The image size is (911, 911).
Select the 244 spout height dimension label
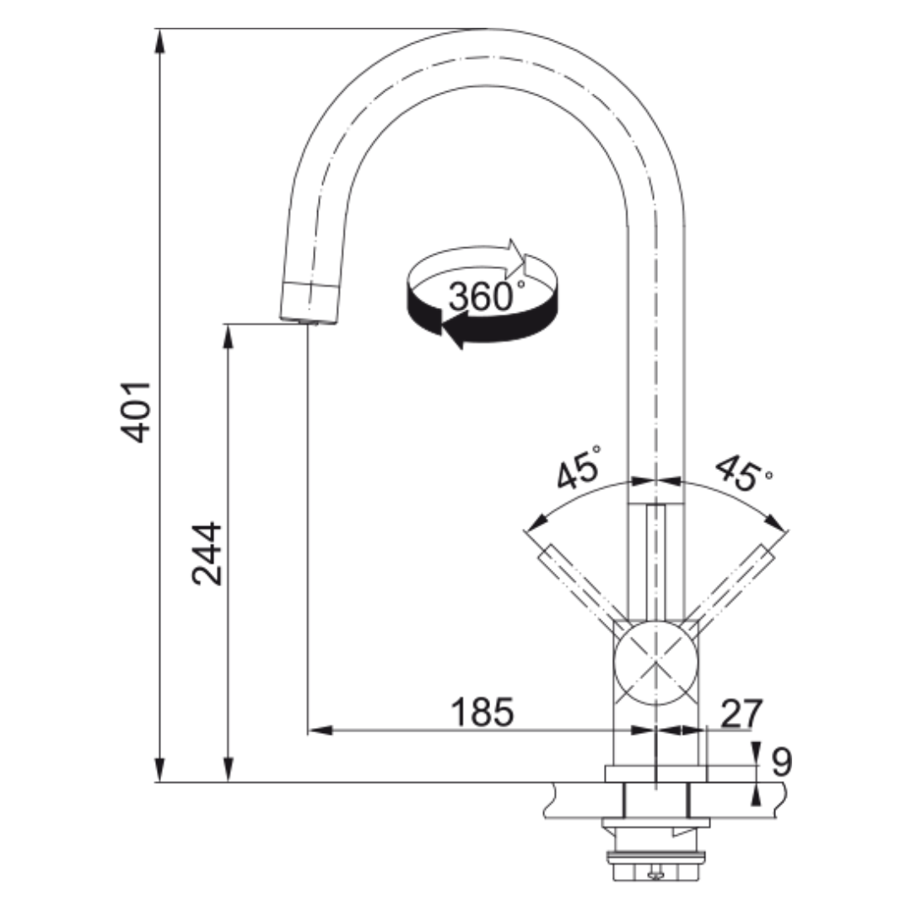[x=207, y=553]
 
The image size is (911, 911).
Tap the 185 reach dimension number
[x=482, y=712]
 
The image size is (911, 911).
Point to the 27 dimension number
[x=741, y=714]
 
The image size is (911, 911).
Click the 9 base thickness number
[x=781, y=762]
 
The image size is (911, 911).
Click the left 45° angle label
[x=579, y=467]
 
